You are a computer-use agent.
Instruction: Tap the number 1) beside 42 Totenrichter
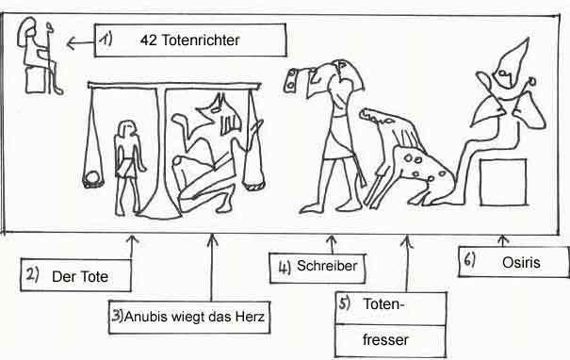pyautogui.click(x=106, y=41)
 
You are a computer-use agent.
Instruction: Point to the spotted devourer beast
pyautogui.click(x=400, y=160)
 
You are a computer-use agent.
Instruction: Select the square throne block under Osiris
pyautogui.click(x=502, y=182)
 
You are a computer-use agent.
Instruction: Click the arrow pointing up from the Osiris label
pyautogui.click(x=502, y=234)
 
